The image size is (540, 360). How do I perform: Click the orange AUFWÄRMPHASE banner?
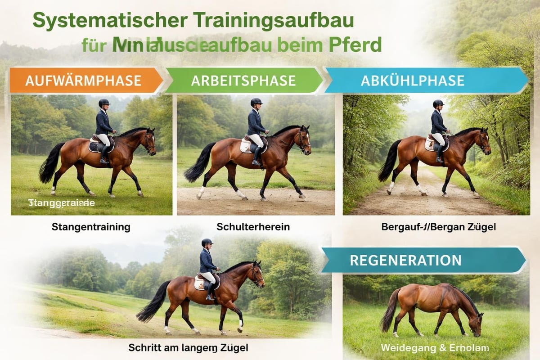pyautogui.click(x=84, y=81)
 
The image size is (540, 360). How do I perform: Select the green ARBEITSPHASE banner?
pyautogui.click(x=243, y=81)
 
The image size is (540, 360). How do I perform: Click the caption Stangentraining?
pyautogui.click(x=91, y=227)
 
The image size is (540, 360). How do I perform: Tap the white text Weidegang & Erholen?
pyautogui.click(x=434, y=348)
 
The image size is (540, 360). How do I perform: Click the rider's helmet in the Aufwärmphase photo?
pyautogui.click(x=104, y=103)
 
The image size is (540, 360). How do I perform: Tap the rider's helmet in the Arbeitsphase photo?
pyautogui.click(x=256, y=102)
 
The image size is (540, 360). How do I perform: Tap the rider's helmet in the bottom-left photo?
pyautogui.click(x=207, y=242)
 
